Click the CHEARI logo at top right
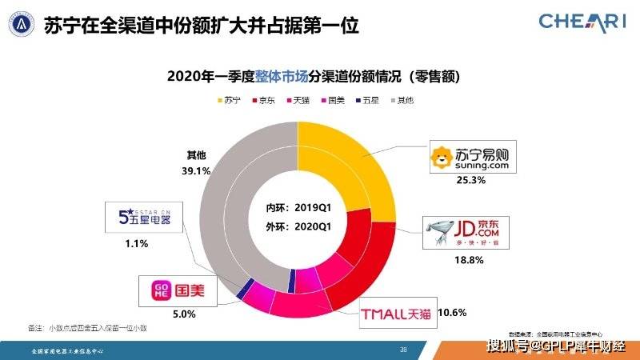(x=582, y=22)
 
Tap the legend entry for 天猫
(x=300, y=101)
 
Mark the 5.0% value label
(x=184, y=314)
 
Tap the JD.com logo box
(x=459, y=232)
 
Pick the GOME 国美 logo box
(x=177, y=290)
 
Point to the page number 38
(x=403, y=350)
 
